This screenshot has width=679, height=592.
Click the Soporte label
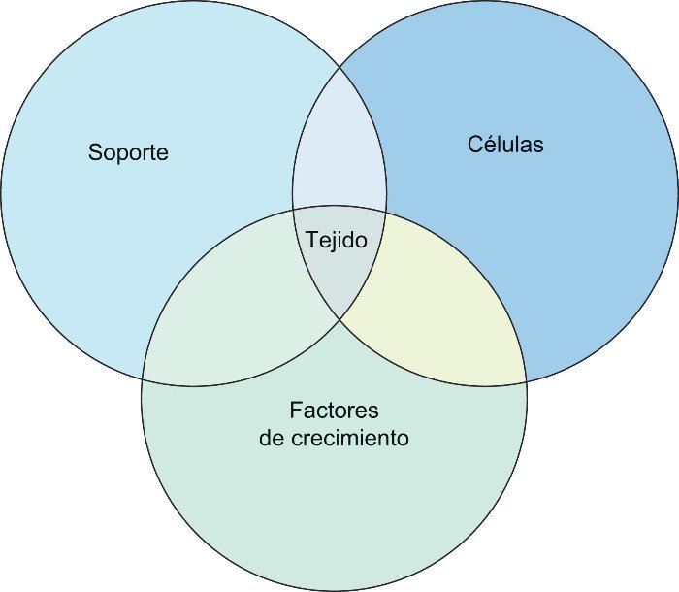pos(128,152)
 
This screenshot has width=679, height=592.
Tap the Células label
pos(505,145)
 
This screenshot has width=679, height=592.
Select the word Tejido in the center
pos(337,239)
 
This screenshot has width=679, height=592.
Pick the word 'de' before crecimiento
pos(272,438)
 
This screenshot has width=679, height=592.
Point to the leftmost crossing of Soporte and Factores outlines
pos(143,378)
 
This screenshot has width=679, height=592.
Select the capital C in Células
pos(475,145)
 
